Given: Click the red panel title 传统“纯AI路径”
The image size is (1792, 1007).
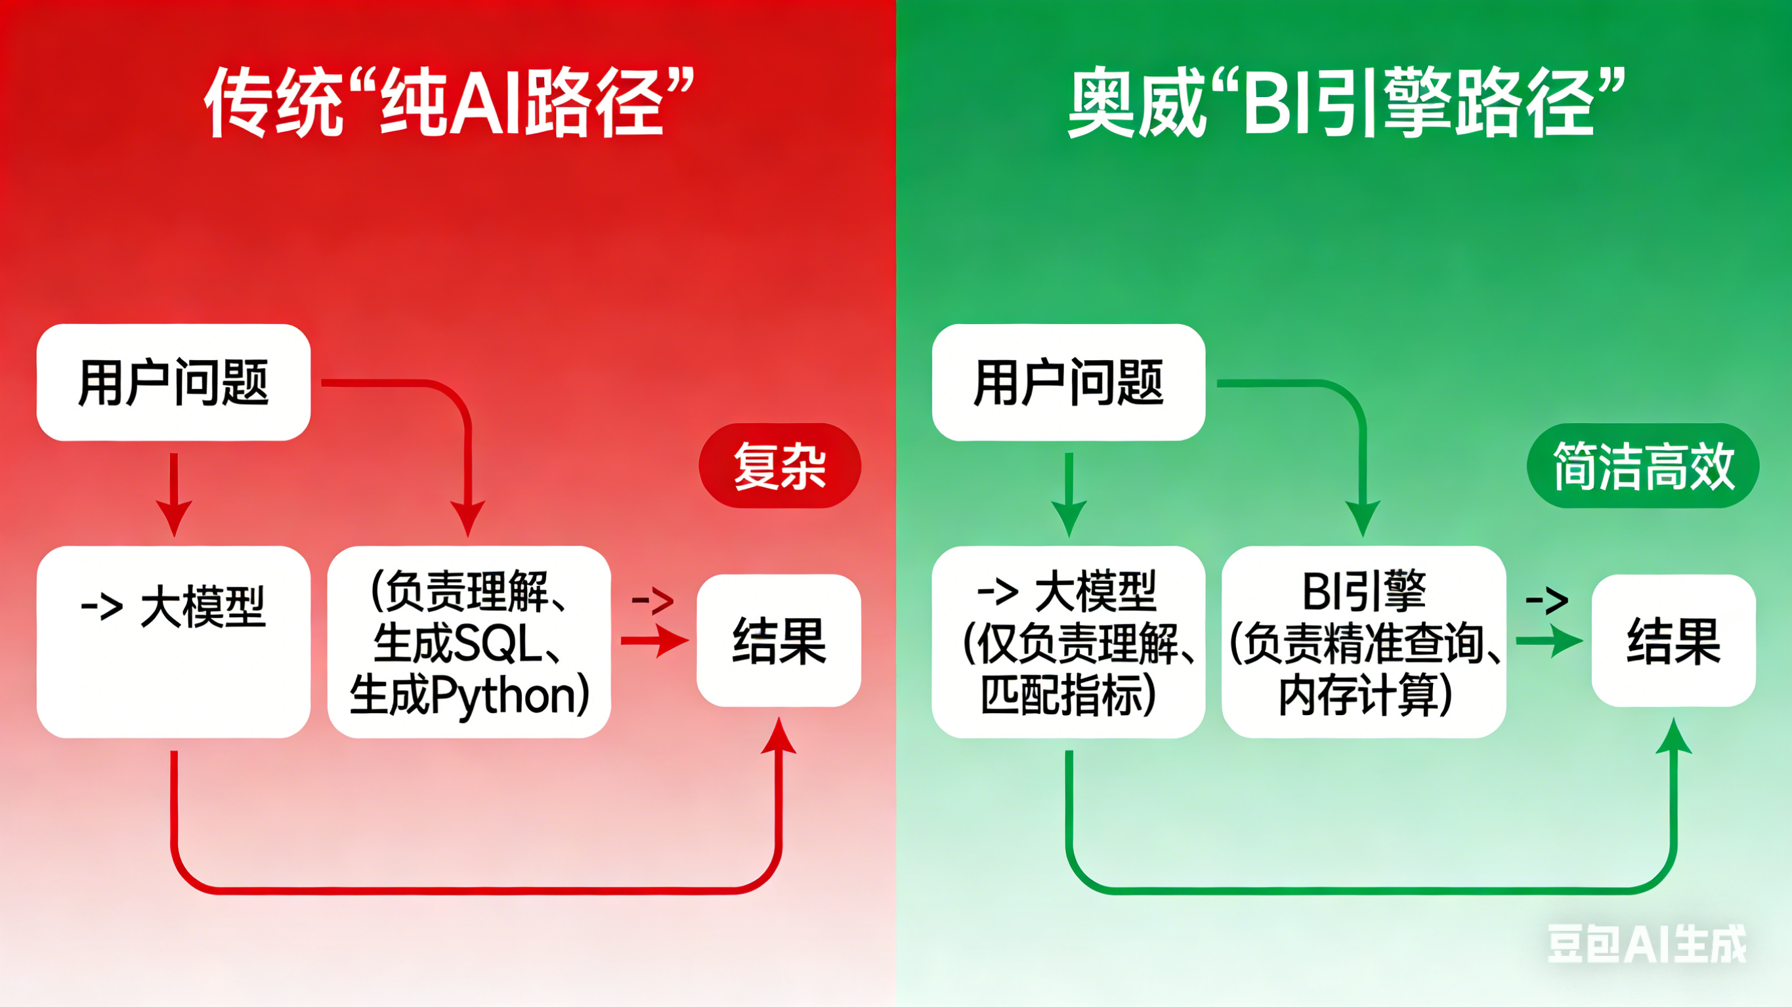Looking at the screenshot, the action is (x=450, y=103).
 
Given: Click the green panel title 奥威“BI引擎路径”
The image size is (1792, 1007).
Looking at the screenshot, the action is (x=1347, y=103).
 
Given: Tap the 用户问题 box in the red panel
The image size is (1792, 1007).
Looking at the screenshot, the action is (x=173, y=382).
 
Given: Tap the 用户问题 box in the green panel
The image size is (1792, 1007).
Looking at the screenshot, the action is (x=1069, y=382).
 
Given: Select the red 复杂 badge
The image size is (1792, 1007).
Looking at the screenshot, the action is (x=780, y=465).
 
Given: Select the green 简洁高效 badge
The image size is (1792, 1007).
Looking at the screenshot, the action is (x=1643, y=465).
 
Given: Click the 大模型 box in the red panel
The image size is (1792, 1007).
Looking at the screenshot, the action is (x=173, y=641).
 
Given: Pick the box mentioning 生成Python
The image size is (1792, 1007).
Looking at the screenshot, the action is (x=469, y=641).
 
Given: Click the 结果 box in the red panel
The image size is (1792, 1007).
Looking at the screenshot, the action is (x=779, y=640).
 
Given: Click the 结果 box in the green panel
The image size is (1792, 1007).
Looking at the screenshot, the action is (x=1674, y=640).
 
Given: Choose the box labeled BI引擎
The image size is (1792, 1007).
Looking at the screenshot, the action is (x=1364, y=641).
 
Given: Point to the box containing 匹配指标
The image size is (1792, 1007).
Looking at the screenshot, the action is (x=1069, y=641).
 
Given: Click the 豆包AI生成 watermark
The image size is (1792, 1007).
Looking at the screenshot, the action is (x=1647, y=944).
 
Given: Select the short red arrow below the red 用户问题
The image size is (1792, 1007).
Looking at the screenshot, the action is (x=174, y=495).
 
